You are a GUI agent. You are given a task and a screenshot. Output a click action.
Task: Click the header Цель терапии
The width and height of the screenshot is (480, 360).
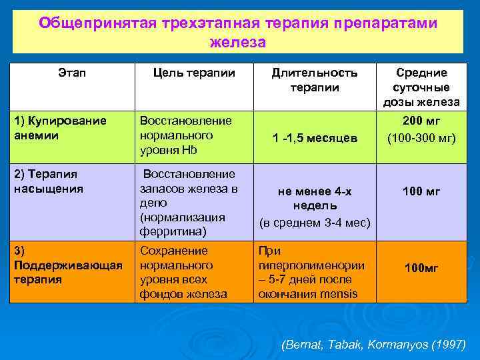[x=194, y=73]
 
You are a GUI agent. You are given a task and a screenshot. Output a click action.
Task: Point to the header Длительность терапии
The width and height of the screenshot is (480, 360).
[x=314, y=80]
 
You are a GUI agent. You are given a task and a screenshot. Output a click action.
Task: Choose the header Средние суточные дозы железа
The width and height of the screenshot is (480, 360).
[x=421, y=87]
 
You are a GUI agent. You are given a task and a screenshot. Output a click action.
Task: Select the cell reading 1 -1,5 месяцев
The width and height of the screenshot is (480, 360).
[x=315, y=138]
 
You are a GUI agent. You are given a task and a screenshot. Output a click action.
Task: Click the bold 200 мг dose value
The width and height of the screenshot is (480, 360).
[x=421, y=121]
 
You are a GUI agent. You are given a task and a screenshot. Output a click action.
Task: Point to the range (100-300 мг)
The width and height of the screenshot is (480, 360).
[x=421, y=137]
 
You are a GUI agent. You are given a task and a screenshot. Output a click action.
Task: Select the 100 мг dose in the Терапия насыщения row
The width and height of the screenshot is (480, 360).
[x=421, y=192]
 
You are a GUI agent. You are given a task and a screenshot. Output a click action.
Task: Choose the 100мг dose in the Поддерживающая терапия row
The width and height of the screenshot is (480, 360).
[x=421, y=268]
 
